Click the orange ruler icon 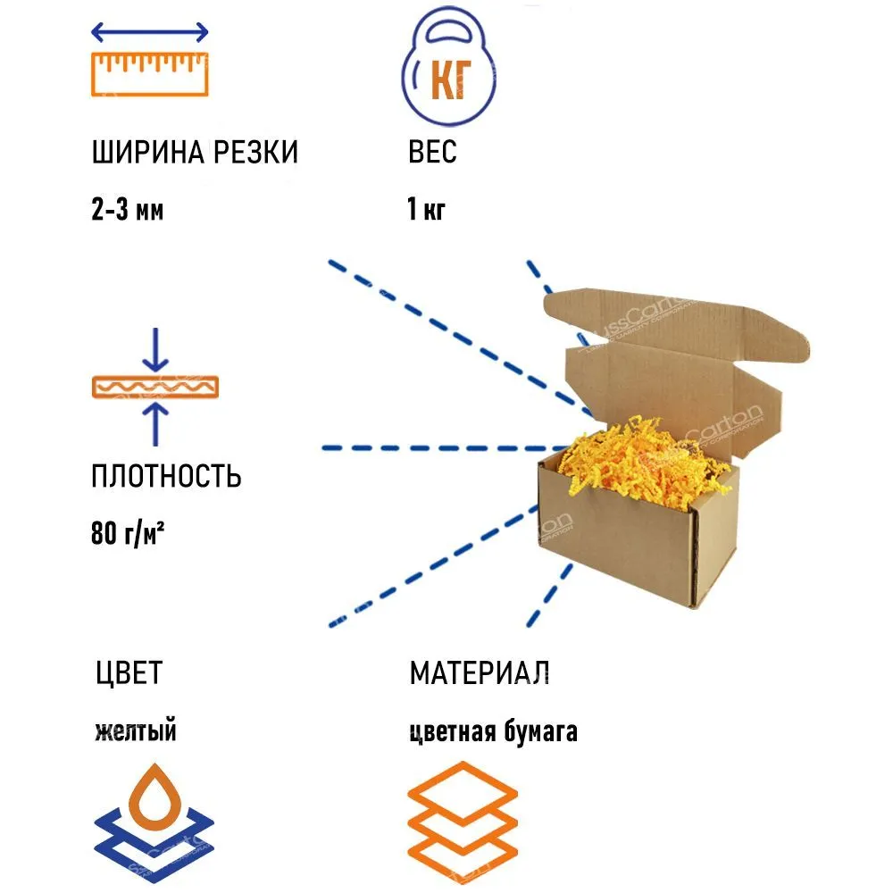click(x=150, y=74)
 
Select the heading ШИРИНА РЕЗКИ click(x=195, y=153)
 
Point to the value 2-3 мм click(x=127, y=211)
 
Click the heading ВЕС click(x=432, y=153)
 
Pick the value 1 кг click(x=426, y=211)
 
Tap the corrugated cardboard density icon click(x=155, y=387)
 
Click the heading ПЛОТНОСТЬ click(x=166, y=476)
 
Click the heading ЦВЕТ click(x=129, y=672)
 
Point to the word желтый click(x=135, y=732)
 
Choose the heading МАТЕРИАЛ click(x=480, y=672)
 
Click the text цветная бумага click(x=493, y=732)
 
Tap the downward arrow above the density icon click(x=156, y=350)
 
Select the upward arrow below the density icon click(x=156, y=424)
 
